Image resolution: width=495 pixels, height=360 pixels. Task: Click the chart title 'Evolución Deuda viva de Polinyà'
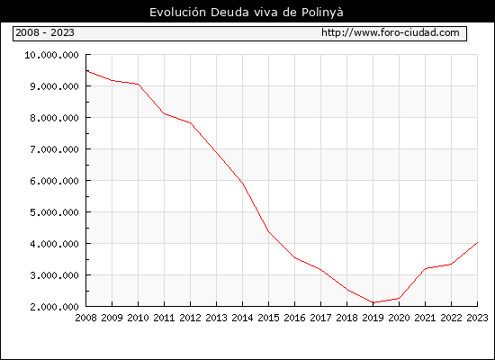click(247, 13)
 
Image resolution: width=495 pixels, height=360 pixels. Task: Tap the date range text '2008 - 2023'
click(45, 32)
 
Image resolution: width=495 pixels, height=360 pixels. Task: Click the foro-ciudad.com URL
click(391, 32)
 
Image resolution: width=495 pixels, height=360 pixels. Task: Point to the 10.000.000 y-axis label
click(52, 55)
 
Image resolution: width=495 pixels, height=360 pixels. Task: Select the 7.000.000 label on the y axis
click(54, 149)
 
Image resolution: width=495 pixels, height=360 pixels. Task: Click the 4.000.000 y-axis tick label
click(54, 244)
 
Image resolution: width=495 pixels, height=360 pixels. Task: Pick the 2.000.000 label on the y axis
click(54, 307)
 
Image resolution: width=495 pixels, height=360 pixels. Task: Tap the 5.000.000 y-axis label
click(54, 212)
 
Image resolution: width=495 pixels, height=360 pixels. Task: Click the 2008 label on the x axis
click(85, 318)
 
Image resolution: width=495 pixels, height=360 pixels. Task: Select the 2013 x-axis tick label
click(217, 318)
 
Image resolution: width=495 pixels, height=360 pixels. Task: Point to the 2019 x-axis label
click(373, 318)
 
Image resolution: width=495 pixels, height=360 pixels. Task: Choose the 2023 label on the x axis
click(477, 318)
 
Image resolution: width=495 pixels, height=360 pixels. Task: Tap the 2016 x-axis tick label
click(295, 318)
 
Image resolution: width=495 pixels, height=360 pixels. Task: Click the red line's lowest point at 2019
click(373, 302)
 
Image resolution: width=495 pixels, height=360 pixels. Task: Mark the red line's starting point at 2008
click(86, 71)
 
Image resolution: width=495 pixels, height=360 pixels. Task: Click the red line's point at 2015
click(269, 231)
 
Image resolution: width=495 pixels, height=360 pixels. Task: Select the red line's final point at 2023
click(477, 242)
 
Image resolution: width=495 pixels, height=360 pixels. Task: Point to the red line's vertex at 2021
click(425, 268)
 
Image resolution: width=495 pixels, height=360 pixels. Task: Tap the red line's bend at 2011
click(165, 113)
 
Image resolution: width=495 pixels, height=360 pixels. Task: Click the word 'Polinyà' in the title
click(322, 13)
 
